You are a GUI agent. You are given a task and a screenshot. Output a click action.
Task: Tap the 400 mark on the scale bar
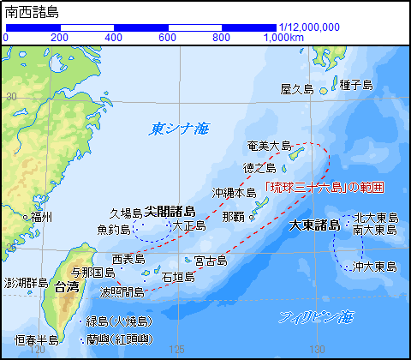click(x=113, y=38)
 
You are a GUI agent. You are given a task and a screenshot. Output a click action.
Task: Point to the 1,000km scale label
click(x=282, y=38)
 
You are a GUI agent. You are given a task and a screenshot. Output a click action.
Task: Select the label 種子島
click(x=355, y=84)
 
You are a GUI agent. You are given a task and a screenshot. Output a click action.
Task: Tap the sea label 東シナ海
click(x=179, y=129)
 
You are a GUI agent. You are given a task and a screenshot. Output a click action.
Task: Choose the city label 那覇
click(x=233, y=216)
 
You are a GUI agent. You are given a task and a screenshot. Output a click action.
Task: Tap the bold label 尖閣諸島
click(x=170, y=211)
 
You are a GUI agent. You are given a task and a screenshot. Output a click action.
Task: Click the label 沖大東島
click(x=374, y=267)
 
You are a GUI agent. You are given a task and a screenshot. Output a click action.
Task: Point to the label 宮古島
click(x=211, y=260)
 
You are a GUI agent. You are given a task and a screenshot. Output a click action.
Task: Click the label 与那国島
click(x=92, y=273)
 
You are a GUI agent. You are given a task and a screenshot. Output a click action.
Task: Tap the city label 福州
click(x=41, y=218)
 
